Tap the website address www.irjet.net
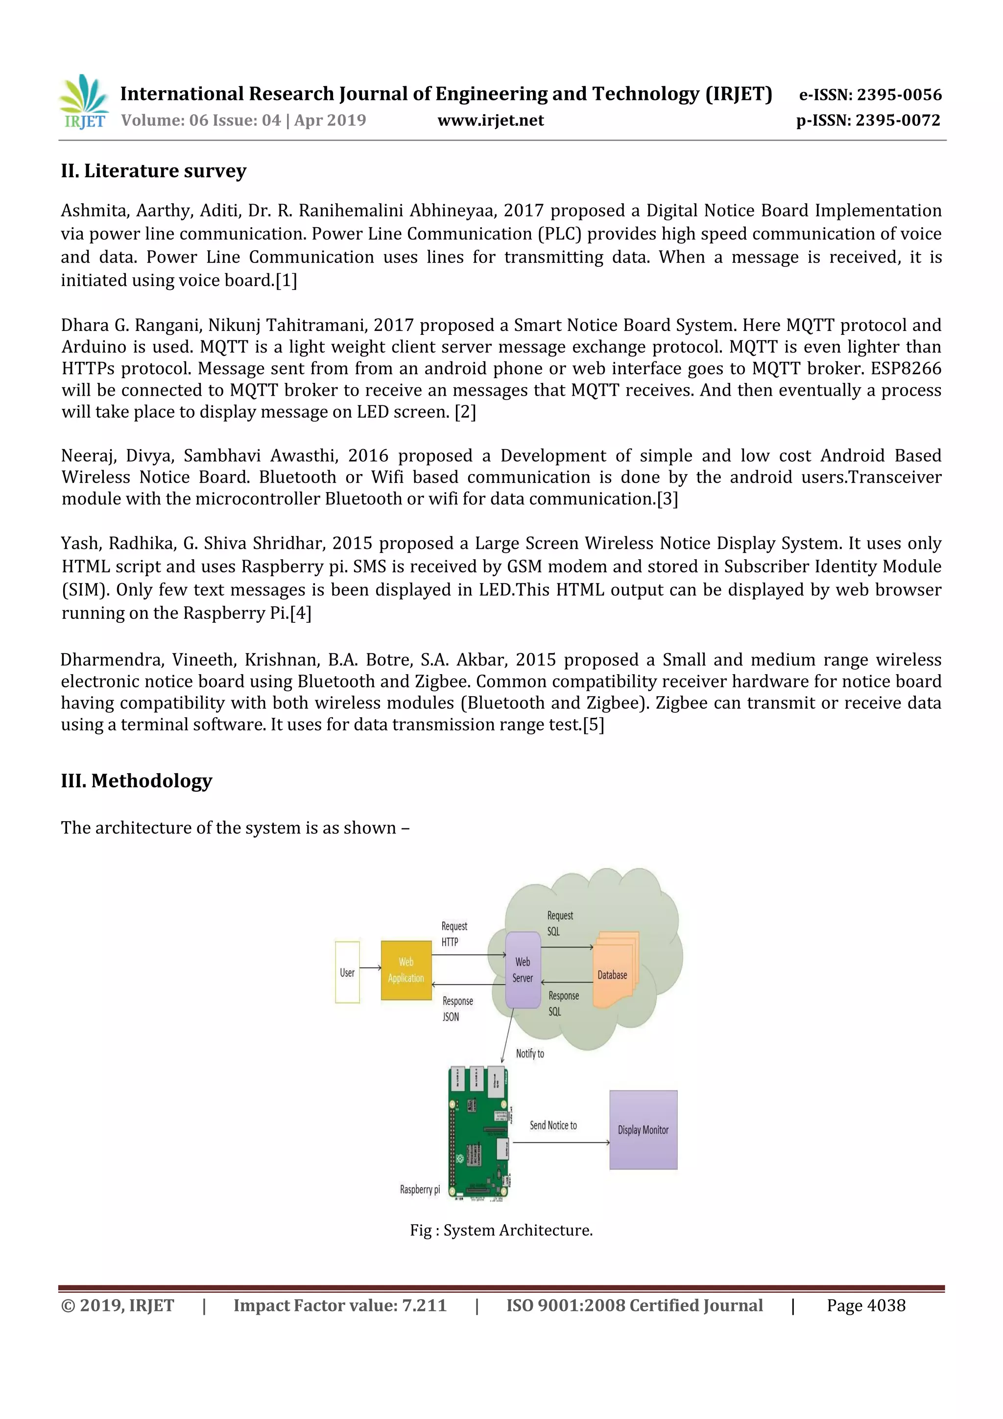point(490,120)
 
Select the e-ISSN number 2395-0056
point(870,95)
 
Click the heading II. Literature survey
point(153,170)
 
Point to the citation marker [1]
point(286,281)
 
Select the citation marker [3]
point(668,499)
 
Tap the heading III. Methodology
point(137,780)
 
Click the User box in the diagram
point(347,972)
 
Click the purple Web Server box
point(523,970)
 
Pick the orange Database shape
point(613,970)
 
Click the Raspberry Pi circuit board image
point(478,1133)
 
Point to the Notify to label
point(529,1054)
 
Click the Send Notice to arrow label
point(553,1125)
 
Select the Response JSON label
point(457,1009)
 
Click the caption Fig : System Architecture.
point(501,1230)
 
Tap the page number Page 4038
point(866,1305)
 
